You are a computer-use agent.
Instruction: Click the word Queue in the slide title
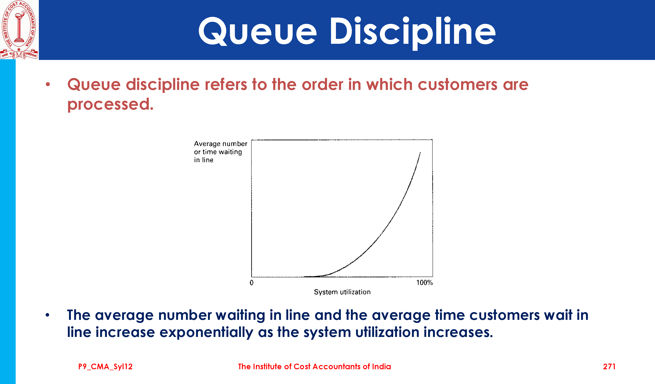[258, 31]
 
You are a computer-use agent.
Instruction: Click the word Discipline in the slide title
[413, 33]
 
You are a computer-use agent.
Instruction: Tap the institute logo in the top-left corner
[19, 30]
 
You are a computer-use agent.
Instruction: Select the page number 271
[609, 367]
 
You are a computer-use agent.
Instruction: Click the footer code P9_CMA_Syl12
[105, 367]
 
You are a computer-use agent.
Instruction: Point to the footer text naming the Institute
[314, 367]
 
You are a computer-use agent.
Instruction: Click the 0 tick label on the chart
[251, 283]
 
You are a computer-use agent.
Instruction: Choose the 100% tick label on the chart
[424, 283]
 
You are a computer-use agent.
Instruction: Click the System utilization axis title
[342, 292]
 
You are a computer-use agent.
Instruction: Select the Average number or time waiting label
[220, 152]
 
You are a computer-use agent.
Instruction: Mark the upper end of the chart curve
[420, 152]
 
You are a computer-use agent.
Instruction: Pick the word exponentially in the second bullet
[206, 332]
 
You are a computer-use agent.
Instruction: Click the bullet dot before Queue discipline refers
[47, 84]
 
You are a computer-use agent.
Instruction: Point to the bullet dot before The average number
[47, 315]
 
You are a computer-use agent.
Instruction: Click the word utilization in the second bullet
[387, 332]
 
